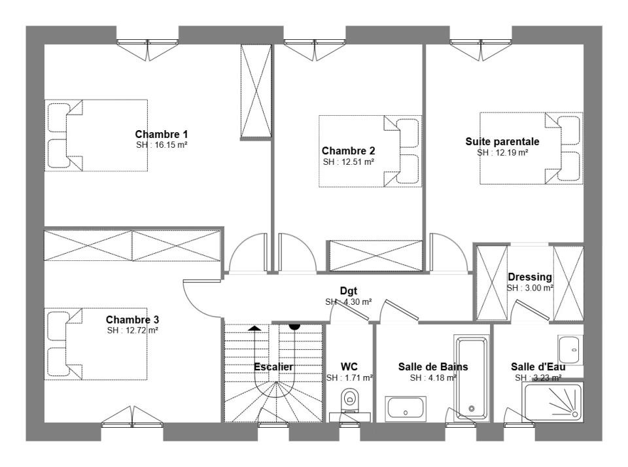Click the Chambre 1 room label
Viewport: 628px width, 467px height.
[x=161, y=134]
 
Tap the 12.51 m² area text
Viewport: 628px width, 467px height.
[x=349, y=162]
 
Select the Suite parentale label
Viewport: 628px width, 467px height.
[x=502, y=141]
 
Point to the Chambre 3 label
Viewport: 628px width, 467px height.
[x=132, y=320]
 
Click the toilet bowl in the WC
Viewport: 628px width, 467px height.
[x=349, y=398]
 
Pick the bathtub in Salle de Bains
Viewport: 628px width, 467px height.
[x=472, y=377]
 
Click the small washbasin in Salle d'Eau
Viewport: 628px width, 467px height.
[x=570, y=350]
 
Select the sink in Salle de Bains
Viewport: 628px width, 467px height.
[x=406, y=409]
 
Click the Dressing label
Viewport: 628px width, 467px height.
[x=529, y=277]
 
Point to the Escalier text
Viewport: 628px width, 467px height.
[x=273, y=367]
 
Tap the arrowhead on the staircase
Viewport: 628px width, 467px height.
[x=254, y=328]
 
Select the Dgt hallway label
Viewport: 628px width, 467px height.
[x=349, y=291]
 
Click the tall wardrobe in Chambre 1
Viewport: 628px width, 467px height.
[x=256, y=92]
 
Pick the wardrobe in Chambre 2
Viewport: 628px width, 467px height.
[x=375, y=256]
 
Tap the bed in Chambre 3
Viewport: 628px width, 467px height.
[x=96, y=344]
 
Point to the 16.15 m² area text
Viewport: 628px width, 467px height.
[x=162, y=145]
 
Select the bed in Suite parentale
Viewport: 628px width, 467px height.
[x=531, y=148]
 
